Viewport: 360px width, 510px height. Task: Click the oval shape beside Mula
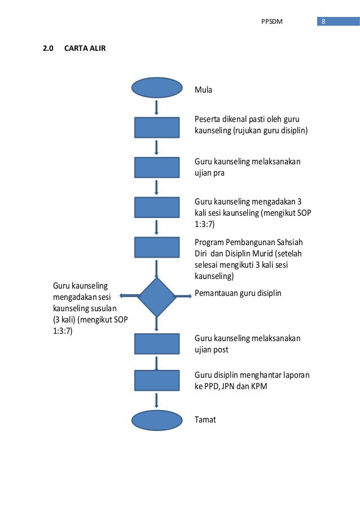(x=157, y=88)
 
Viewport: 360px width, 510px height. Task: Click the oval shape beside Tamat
(x=157, y=420)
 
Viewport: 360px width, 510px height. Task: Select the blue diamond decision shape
(x=157, y=297)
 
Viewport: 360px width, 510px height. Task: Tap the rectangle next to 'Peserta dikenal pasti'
(x=157, y=127)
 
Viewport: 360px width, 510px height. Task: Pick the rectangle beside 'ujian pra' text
(x=157, y=168)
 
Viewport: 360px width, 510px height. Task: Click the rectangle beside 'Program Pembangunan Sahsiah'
(x=157, y=247)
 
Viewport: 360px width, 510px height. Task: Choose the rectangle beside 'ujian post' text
(x=157, y=344)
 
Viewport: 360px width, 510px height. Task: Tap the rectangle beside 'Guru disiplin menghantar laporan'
(x=157, y=380)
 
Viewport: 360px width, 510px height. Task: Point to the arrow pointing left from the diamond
(x=130, y=295)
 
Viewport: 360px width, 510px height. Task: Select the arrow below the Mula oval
(x=156, y=107)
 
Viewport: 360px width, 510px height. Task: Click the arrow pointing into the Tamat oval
(x=156, y=400)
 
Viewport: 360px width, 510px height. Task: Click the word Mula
(x=203, y=89)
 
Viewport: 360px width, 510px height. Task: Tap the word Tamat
(x=205, y=420)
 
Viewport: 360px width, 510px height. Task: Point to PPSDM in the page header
(x=272, y=22)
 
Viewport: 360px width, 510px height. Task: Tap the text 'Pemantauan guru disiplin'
(x=238, y=293)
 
